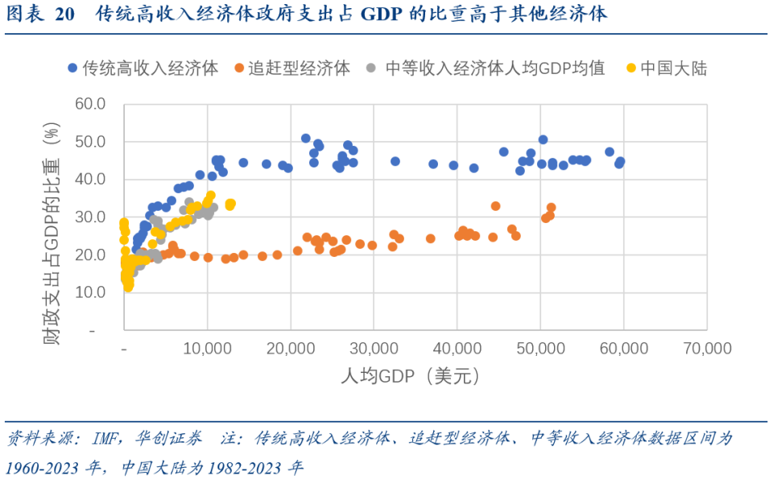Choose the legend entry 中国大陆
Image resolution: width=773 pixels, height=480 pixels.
click(672, 68)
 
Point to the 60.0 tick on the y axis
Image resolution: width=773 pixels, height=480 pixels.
click(90, 104)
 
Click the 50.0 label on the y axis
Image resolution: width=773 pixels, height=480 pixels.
click(90, 142)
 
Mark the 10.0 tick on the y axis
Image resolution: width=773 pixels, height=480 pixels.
click(90, 292)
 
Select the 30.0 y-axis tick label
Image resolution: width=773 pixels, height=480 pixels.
click(90, 217)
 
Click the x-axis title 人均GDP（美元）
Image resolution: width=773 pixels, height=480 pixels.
click(415, 376)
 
